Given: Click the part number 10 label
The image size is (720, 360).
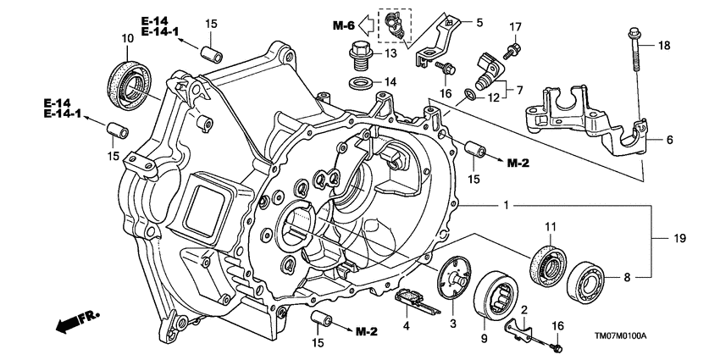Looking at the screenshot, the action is (128, 38).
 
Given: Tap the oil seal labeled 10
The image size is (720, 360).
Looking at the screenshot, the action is (130, 86).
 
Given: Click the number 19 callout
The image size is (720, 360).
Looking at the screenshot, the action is (679, 238).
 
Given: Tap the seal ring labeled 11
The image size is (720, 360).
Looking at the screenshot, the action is (548, 265).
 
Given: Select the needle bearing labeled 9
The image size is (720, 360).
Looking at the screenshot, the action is (496, 295).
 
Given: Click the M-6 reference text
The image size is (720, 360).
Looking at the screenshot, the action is (344, 25).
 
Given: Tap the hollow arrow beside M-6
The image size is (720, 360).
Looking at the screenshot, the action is (367, 25).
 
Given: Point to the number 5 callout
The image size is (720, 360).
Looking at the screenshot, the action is (479, 22).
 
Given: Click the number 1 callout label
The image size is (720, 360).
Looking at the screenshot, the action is (506, 206).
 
